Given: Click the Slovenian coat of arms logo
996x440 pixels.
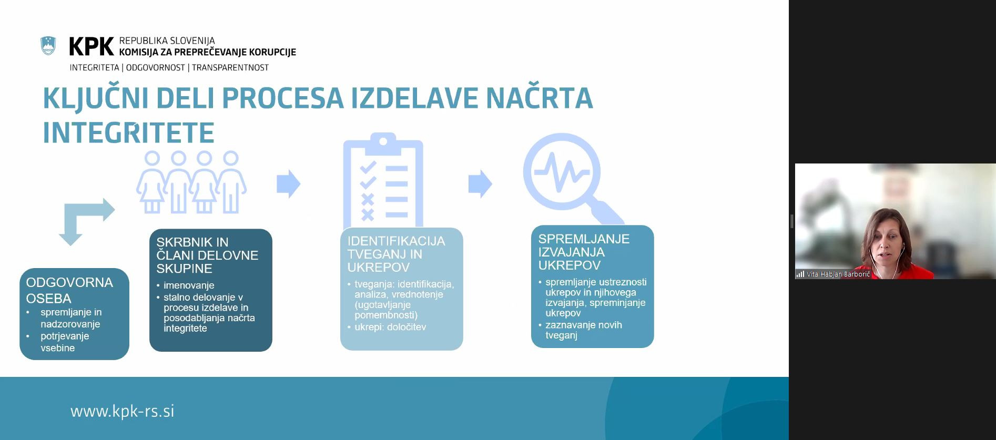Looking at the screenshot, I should pos(48,46).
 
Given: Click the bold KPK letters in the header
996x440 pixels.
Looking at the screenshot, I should pos(91,47).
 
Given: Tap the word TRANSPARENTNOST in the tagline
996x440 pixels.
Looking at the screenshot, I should pos(230,68).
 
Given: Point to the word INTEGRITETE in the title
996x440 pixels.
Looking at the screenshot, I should pos(128,132).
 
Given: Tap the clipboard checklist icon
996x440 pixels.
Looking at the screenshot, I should pos(383,181).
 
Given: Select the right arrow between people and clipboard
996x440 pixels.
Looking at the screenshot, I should pos(288,183).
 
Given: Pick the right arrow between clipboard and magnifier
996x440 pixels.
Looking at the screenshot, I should pos(480,183).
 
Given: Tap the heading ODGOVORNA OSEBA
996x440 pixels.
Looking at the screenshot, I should pos(69,290).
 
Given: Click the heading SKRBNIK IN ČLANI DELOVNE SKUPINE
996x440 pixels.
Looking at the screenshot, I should pos(207,255).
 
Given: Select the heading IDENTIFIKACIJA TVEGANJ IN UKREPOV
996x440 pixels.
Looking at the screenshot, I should pos(395,254).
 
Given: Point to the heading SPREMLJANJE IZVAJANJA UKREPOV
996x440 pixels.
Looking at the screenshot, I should pos(583,252).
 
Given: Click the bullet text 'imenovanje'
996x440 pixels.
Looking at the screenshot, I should pos(189,285).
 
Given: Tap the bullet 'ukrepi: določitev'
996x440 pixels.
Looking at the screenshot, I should pos(390,327).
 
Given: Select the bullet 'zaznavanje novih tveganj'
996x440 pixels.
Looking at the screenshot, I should pos(583,330).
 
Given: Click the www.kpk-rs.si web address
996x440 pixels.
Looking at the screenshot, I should pos(122,411).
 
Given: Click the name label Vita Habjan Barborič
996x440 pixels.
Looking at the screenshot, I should pos(838,274).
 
